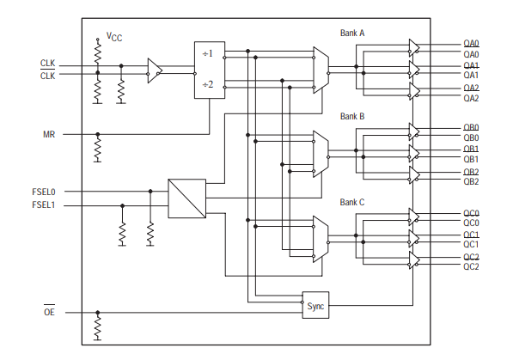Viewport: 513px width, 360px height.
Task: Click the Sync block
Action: tap(315, 305)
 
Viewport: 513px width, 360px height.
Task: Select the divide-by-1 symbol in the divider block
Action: tap(208, 53)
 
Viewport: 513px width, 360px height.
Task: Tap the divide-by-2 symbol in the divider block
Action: tap(208, 84)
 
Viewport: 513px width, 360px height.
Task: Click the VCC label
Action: tap(114, 37)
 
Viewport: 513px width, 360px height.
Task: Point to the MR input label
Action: tap(49, 135)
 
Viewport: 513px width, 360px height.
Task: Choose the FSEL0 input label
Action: tap(44, 192)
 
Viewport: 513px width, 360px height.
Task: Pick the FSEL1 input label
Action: tap(44, 205)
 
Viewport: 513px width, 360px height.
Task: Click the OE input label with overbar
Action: tap(49, 312)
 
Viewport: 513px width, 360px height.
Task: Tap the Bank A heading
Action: tap(352, 33)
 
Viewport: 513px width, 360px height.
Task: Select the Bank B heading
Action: tap(352, 117)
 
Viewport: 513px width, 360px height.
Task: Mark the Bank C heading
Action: tap(352, 202)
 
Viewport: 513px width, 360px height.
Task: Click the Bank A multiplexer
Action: tap(321, 70)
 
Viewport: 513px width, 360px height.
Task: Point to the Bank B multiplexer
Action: tap(321, 154)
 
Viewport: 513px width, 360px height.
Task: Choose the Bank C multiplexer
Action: tap(321, 239)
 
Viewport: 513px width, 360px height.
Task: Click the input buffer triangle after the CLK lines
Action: tap(155, 70)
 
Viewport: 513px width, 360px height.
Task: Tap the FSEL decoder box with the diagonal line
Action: tap(186, 198)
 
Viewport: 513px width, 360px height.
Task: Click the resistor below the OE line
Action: tap(97, 327)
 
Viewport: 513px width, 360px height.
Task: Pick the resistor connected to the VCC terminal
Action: tap(97, 55)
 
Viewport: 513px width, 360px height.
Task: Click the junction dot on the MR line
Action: tap(97, 135)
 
